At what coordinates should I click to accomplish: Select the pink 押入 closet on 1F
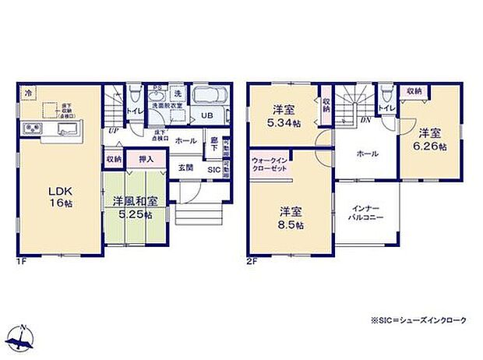coord(146,159)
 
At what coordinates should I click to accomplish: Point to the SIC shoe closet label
coord(213,168)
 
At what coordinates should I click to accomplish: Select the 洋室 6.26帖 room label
coord(430,139)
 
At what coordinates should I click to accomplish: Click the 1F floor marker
coord(21,262)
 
